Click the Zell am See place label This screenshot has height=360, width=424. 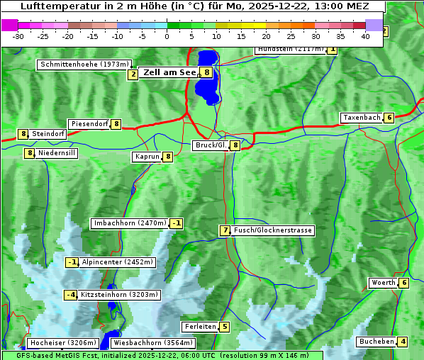click(169, 72)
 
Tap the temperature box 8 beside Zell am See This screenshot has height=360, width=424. click(206, 72)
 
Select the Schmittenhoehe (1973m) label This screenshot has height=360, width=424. click(84, 64)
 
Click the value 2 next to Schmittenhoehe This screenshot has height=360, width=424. click(133, 74)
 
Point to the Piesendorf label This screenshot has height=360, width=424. click(89, 124)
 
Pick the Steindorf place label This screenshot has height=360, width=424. click(49, 133)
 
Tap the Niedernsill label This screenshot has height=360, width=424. click(57, 152)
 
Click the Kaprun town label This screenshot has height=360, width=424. click(147, 157)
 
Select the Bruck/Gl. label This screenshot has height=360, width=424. click(211, 145)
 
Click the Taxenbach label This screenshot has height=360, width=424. click(362, 118)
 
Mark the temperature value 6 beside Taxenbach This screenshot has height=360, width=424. click(389, 118)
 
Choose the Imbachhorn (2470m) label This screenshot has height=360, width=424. click(129, 223)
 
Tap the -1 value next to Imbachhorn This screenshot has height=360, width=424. click(176, 223)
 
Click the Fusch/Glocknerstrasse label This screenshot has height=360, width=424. click(272, 230)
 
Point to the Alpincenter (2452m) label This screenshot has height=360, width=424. click(118, 262)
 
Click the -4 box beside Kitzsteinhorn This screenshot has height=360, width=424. click(71, 295)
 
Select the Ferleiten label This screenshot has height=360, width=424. click(199, 327)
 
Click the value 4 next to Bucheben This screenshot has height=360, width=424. click(403, 342)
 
